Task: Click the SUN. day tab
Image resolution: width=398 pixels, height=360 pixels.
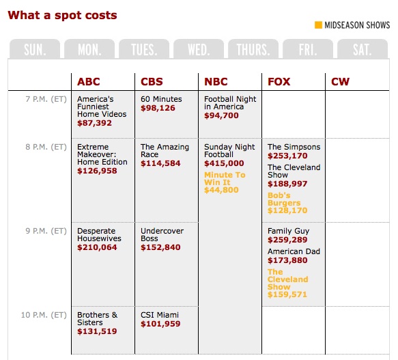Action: (35, 50)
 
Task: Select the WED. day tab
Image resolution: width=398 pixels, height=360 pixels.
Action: (199, 50)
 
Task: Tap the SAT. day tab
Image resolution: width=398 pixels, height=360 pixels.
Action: (362, 50)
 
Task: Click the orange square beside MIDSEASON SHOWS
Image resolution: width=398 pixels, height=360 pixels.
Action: (317, 26)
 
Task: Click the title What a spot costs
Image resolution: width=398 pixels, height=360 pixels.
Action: (62, 15)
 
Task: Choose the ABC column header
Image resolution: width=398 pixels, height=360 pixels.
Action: (89, 82)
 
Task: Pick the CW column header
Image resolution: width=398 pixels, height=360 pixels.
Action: (340, 82)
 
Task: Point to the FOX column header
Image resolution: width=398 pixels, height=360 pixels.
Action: (279, 82)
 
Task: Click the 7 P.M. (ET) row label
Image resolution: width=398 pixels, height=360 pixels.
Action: (46, 99)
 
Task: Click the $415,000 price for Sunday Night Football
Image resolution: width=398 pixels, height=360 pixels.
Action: (224, 164)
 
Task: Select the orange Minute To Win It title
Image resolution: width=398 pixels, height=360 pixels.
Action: (225, 178)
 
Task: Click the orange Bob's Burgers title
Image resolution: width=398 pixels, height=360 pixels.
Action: (284, 199)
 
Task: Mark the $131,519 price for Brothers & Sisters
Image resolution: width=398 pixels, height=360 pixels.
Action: (97, 331)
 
